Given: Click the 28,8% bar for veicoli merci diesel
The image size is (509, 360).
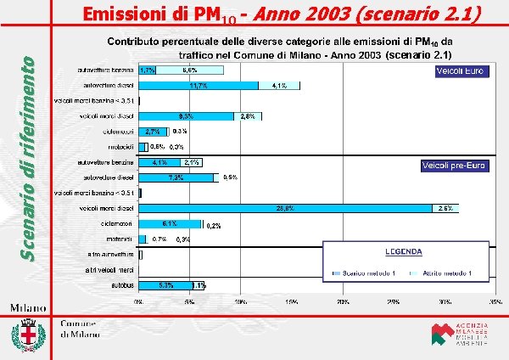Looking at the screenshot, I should click(285, 207).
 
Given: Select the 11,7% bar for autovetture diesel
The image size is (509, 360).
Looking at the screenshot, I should click(199, 86).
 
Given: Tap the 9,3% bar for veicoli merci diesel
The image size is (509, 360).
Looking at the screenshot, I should click(186, 115).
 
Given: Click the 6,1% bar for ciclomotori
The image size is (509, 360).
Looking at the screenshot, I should click(170, 224).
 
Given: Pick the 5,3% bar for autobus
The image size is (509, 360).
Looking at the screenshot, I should click(165, 286).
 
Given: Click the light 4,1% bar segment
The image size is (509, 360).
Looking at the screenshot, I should click(279, 86).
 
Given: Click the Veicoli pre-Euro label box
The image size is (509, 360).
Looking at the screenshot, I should click(453, 166).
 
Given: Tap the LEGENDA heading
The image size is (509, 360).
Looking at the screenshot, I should click(406, 253).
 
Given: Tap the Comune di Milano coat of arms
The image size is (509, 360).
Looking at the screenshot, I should click(31, 335).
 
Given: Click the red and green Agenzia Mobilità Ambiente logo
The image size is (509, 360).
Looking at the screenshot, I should click(441, 335).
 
